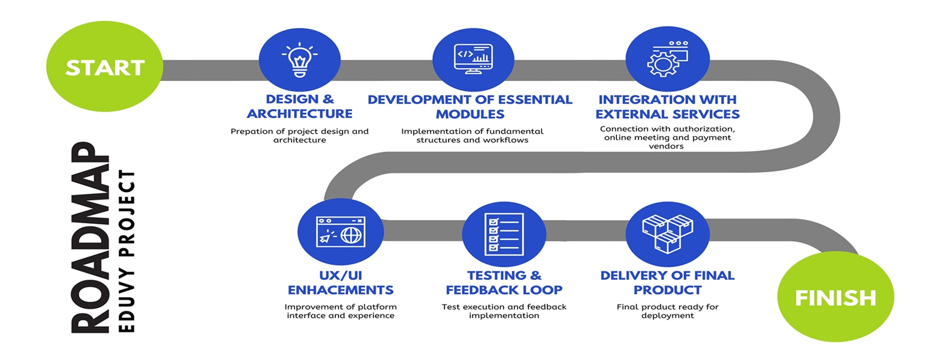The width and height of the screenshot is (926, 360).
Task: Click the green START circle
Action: (105, 67)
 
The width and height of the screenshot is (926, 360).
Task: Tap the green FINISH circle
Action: (835, 297)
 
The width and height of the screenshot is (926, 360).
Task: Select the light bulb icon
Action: (299, 60)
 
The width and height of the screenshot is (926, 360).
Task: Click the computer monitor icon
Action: (473, 59)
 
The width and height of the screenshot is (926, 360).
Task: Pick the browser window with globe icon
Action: (341, 232)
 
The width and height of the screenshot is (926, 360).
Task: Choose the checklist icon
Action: (504, 234)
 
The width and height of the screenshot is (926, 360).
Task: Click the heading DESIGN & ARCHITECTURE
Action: (299, 106)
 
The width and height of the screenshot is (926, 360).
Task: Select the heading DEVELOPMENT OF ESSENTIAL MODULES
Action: (470, 106)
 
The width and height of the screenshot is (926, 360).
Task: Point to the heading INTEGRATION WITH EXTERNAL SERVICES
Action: (667, 106)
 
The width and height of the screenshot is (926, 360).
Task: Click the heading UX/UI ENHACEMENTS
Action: (341, 282)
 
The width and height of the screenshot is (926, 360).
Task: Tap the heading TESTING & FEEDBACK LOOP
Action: (504, 282)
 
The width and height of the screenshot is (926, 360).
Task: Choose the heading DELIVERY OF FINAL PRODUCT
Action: (667, 282)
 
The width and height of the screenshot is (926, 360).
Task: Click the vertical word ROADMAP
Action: (91, 238)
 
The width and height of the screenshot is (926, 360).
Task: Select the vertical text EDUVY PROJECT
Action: (127, 251)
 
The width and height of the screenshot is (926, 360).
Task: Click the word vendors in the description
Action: (666, 147)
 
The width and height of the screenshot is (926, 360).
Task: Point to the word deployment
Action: (667, 316)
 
